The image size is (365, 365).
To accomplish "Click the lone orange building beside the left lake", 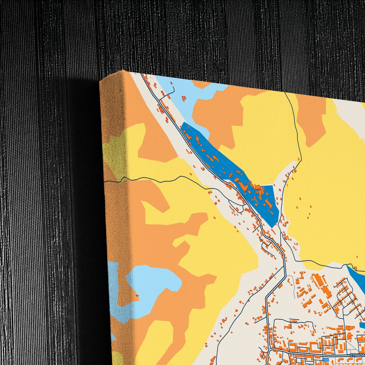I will (137, 295).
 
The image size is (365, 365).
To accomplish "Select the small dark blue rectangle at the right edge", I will (362, 325).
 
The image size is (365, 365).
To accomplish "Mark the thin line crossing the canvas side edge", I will (114, 181).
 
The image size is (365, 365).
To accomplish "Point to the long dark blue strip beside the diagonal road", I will (227, 172).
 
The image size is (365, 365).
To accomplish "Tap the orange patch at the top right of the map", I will (311, 116).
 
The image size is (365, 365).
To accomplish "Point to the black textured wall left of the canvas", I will (51, 177).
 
